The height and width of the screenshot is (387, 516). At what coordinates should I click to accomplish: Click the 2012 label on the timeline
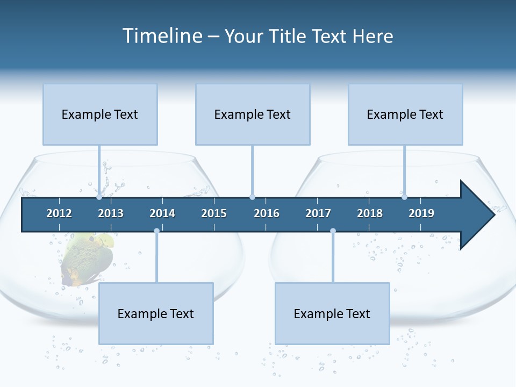point(59,213)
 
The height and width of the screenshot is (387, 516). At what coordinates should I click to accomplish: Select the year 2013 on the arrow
point(111,213)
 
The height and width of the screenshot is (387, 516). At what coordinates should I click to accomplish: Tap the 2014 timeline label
point(162,213)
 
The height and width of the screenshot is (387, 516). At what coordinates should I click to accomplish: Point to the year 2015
point(214,213)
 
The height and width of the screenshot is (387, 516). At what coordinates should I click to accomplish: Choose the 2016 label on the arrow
point(267,213)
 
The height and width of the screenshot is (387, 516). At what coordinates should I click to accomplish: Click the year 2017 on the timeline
point(318,213)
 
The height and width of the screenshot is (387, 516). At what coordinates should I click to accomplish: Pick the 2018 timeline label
point(370,213)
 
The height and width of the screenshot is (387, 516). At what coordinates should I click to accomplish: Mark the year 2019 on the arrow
point(421,213)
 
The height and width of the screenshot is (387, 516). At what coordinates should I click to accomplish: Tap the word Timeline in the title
point(161,36)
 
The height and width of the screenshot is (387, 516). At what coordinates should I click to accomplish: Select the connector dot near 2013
point(99,197)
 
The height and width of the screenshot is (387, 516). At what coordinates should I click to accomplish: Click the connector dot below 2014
point(156,231)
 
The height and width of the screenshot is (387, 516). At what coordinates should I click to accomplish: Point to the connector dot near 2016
point(252,197)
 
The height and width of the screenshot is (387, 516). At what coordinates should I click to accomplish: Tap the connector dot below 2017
point(333,231)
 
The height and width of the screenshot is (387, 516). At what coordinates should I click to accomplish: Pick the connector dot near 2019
point(404,197)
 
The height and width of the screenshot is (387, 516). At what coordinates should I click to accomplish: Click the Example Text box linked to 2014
point(156,313)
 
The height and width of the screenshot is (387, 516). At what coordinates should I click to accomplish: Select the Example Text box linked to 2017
point(332,313)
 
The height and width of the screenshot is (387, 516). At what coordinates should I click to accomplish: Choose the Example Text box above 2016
point(253,114)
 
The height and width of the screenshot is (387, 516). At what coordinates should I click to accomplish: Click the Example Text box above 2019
point(405,114)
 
